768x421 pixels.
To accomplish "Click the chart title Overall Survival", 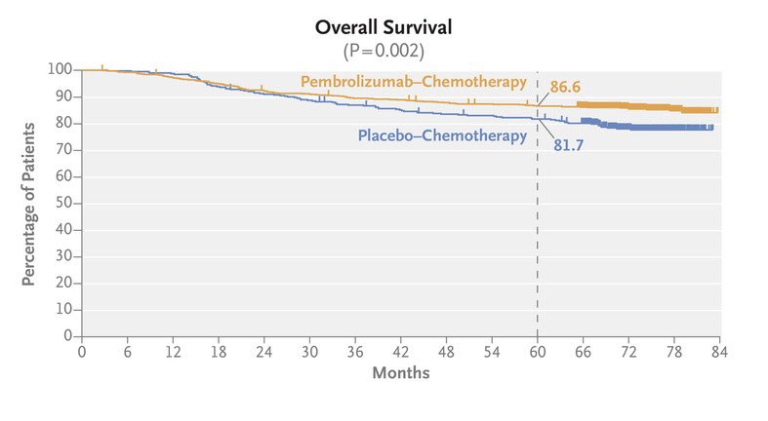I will point(384,27).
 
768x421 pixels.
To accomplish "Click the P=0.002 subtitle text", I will point(384,49).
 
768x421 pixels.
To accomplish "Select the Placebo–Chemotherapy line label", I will point(441,135).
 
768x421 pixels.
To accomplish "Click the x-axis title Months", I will point(400,372).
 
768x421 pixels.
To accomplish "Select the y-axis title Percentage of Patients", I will point(29,204).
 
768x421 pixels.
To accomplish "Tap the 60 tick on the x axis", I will point(537,351).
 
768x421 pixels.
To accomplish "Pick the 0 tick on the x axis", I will point(82,351).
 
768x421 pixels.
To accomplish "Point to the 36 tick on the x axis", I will point(355,351).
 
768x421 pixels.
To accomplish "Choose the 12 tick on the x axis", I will point(173,351).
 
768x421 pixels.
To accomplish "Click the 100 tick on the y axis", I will point(61,70).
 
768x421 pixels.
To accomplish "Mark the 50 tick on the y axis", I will point(64,203).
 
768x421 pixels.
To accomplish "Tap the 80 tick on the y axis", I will point(64,124).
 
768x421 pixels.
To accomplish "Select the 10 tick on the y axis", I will point(64,309).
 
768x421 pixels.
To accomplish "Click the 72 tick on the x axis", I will point(628,351).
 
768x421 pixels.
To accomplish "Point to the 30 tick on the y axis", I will point(64,256).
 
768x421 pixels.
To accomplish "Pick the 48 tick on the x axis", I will point(446,351).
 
